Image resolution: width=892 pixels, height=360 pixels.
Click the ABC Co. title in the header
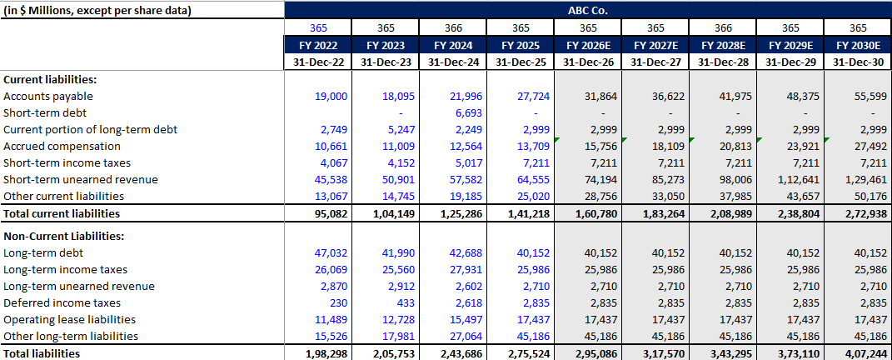(587, 11)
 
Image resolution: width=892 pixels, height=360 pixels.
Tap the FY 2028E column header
(722, 45)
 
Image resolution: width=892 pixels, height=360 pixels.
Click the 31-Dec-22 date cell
(318, 62)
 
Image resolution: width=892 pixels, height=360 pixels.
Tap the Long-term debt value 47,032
(328, 253)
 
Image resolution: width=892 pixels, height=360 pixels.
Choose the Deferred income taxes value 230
(335, 303)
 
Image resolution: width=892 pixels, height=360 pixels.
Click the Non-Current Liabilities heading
(64, 237)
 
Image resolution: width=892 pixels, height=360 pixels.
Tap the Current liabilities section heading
(50, 80)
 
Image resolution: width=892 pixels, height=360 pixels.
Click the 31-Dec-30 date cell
(858, 62)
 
